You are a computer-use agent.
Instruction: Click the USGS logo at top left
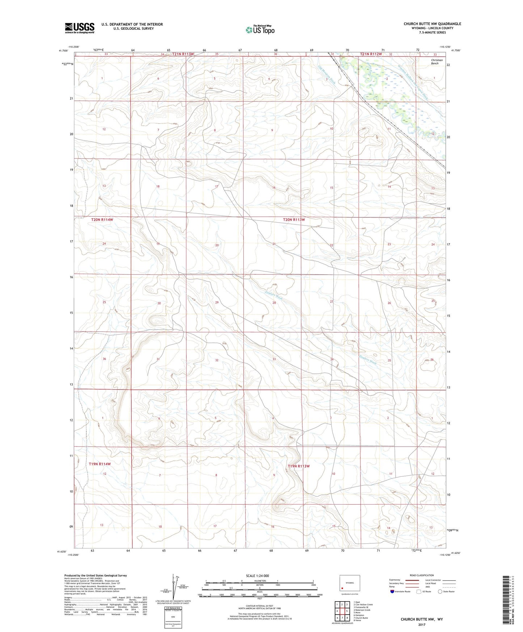coord(79,28)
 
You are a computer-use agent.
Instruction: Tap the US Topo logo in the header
coord(260,30)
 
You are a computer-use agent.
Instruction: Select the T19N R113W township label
coord(299,466)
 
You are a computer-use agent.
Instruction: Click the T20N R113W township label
coord(294,220)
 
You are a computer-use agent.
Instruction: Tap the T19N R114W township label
coord(100,464)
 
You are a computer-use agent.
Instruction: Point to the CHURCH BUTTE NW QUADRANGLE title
coord(432,24)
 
